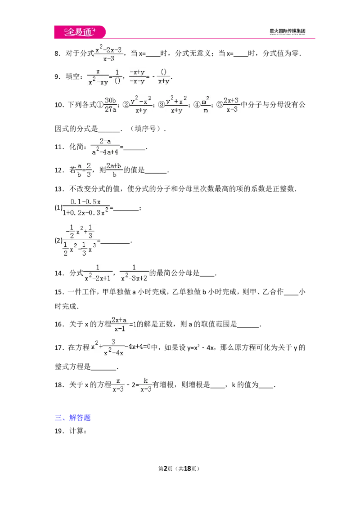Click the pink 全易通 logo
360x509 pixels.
[x=80, y=32]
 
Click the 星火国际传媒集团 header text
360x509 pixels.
[x=288, y=31]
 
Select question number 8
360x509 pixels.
[x=58, y=54]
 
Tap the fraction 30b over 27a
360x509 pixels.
[x=110, y=105]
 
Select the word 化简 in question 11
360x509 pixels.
[x=76, y=147]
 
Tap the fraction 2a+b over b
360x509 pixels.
[x=114, y=170]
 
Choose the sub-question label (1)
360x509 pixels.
[x=58, y=207]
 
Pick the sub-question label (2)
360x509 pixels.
[x=58, y=241]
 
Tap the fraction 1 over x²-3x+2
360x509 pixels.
[x=134, y=272]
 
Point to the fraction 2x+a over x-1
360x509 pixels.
[x=119, y=324]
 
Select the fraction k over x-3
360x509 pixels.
[x=146, y=384]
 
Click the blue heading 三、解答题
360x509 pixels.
[x=72, y=417]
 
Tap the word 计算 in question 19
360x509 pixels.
[x=76, y=431]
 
